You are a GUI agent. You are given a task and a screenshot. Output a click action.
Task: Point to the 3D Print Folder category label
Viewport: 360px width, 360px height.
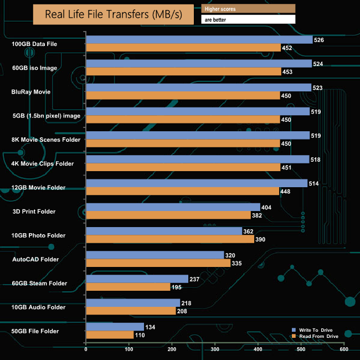click(34, 212)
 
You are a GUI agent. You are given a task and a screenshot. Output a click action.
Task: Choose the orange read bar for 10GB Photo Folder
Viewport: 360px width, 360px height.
click(170, 239)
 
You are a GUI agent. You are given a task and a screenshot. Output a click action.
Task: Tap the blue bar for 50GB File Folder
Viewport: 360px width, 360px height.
click(115, 327)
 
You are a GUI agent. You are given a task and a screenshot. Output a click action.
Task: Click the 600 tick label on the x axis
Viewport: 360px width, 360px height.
click(344, 349)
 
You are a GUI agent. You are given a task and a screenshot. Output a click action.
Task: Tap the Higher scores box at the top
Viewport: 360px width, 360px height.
click(248, 8)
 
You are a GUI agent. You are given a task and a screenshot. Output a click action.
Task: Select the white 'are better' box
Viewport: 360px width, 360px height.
click(248, 19)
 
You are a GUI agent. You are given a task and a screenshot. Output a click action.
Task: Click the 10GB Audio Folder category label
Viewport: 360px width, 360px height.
click(39, 307)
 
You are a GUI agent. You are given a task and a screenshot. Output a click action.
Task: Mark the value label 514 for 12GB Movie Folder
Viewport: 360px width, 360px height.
click(313, 183)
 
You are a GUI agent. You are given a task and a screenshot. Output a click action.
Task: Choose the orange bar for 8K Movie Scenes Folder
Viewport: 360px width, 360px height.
click(183, 143)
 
